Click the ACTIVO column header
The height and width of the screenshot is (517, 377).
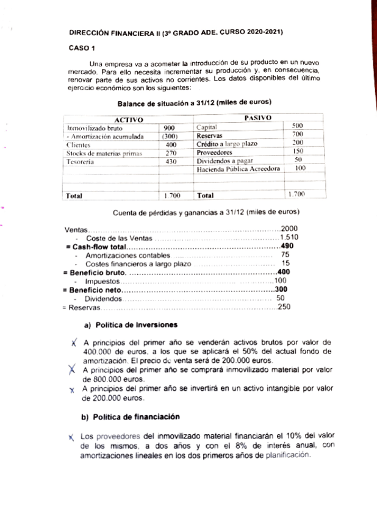[x=129, y=119]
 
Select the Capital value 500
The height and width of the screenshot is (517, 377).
[x=299, y=125]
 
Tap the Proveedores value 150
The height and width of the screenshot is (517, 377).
[x=298, y=151]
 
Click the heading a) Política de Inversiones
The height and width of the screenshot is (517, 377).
[x=130, y=324]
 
